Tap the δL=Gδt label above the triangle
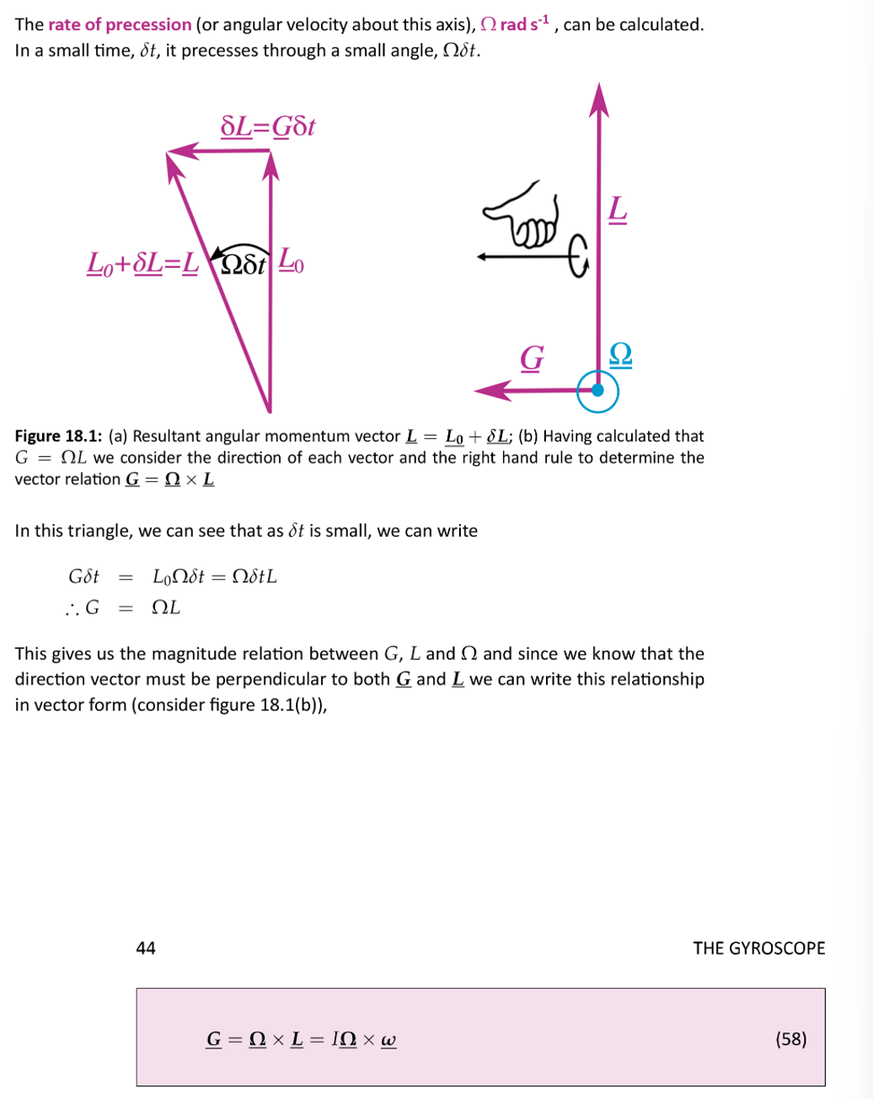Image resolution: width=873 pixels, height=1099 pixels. (x=267, y=127)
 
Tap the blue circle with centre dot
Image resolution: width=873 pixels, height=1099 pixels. (x=597, y=390)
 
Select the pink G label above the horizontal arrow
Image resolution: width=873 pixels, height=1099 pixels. (x=531, y=357)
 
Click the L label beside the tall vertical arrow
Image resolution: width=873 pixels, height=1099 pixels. (x=618, y=209)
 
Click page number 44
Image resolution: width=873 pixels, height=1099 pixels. (x=146, y=948)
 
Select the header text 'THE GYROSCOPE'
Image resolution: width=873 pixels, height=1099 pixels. (x=758, y=948)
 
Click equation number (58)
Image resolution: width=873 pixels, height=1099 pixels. (x=790, y=1038)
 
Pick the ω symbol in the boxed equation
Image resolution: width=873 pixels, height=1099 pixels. (x=388, y=1040)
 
